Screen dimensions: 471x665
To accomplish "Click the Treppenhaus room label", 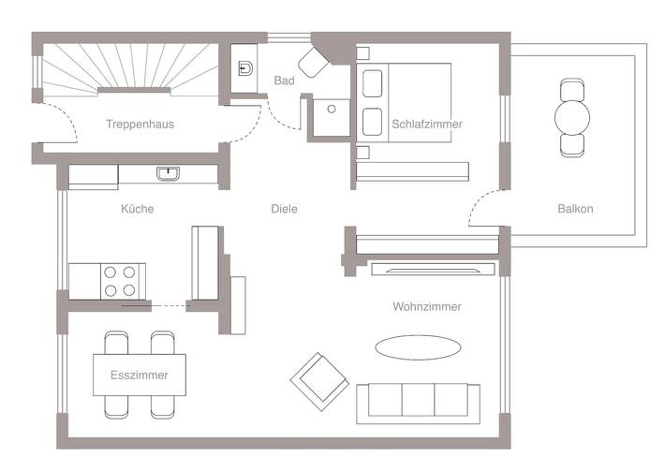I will click(140, 124).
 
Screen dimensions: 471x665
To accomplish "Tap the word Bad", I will click(284, 81).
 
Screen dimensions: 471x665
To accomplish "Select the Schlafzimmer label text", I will click(427, 124).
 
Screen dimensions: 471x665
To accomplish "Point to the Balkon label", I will click(574, 209).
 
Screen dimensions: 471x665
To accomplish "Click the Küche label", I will click(137, 209).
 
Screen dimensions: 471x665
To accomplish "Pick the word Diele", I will click(284, 209).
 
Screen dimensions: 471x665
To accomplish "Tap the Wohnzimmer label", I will click(427, 306).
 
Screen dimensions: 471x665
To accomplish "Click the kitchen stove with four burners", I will click(118, 280).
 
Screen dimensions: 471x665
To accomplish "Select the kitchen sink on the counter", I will click(169, 173).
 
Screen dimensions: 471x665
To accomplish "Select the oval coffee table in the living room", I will click(418, 346).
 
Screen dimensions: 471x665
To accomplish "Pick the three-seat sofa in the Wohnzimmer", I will click(419, 401).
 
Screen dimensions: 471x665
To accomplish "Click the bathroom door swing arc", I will click(281, 117).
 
